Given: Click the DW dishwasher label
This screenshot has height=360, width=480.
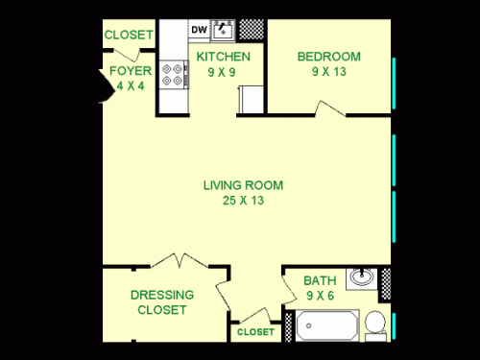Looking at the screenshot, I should tap(198, 30).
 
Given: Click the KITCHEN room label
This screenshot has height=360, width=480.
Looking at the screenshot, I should tap(224, 57).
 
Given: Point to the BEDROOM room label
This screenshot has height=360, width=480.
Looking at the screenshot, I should tap(329, 57).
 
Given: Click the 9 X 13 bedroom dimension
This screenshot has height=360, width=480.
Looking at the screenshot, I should tap(329, 71).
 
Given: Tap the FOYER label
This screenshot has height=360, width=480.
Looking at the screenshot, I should tap(128, 70).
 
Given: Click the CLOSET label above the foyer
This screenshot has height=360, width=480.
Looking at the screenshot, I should tap(129, 36).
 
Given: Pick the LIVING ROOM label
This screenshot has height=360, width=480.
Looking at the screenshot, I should tap(244, 185).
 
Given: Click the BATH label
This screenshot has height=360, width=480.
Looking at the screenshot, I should tap(320, 281).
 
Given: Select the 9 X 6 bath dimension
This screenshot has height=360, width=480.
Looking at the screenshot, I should tap(320, 296).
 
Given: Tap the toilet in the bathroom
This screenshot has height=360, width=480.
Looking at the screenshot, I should tap(375, 324).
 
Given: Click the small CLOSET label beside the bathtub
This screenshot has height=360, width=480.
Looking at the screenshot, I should tap(255, 332).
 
